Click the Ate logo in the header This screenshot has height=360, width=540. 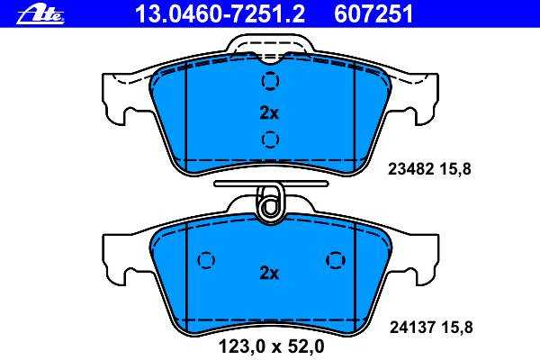tap(40, 14)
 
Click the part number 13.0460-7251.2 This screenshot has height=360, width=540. tap(220, 14)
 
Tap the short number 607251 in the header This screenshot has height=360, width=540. tap(373, 14)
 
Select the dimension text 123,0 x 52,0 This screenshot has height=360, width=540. tap(272, 346)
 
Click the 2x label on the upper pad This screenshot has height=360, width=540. tap(269, 112)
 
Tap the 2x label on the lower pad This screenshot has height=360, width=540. tap(269, 274)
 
